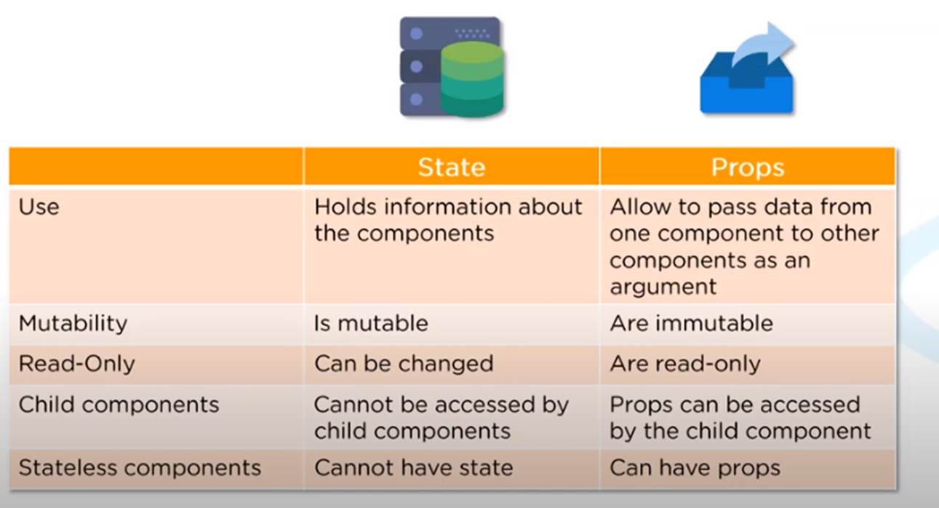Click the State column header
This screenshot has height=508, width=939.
click(x=452, y=167)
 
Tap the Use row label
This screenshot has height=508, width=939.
click(x=39, y=207)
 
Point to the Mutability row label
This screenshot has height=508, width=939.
click(x=73, y=323)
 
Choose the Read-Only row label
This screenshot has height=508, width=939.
click(x=76, y=363)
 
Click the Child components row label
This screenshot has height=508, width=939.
click(x=119, y=405)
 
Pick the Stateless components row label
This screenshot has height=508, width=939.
click(x=140, y=467)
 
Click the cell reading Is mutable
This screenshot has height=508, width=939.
click(x=371, y=323)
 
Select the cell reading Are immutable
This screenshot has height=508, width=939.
click(x=691, y=323)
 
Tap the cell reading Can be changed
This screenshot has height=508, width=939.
click(x=404, y=364)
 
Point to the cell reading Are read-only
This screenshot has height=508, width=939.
click(x=685, y=364)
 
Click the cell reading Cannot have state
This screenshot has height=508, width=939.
click(x=413, y=467)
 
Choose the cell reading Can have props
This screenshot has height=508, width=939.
click(x=695, y=468)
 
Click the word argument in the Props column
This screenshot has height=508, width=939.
click(x=663, y=287)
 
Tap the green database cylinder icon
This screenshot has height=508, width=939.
click(x=473, y=79)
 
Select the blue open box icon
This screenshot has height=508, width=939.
click(x=747, y=84)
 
